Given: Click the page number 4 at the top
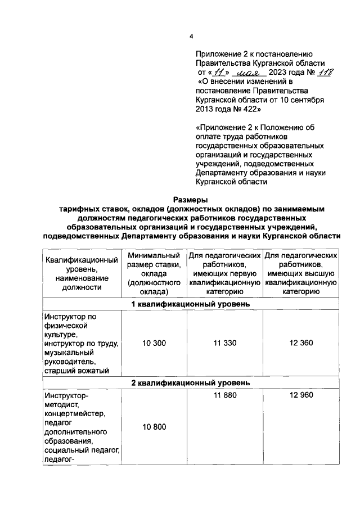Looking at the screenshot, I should (x=191, y=37).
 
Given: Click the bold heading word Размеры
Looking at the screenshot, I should (x=190, y=199).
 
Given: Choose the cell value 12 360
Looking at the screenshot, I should (x=301, y=343).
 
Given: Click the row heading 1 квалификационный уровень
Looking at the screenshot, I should (x=190, y=304).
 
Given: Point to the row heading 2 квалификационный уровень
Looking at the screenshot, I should (x=190, y=383).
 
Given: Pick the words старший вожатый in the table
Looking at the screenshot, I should (x=75, y=370).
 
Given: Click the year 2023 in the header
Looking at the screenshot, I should (x=281, y=73).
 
